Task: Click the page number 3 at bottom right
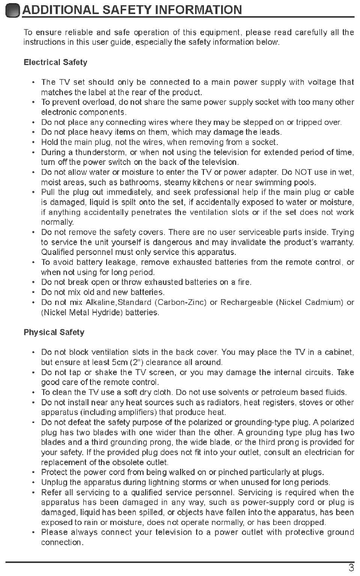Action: pos(352,568)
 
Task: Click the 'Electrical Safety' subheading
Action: pos(55,62)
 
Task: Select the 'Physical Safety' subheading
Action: pos(54,332)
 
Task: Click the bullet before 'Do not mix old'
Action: pos(34,292)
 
